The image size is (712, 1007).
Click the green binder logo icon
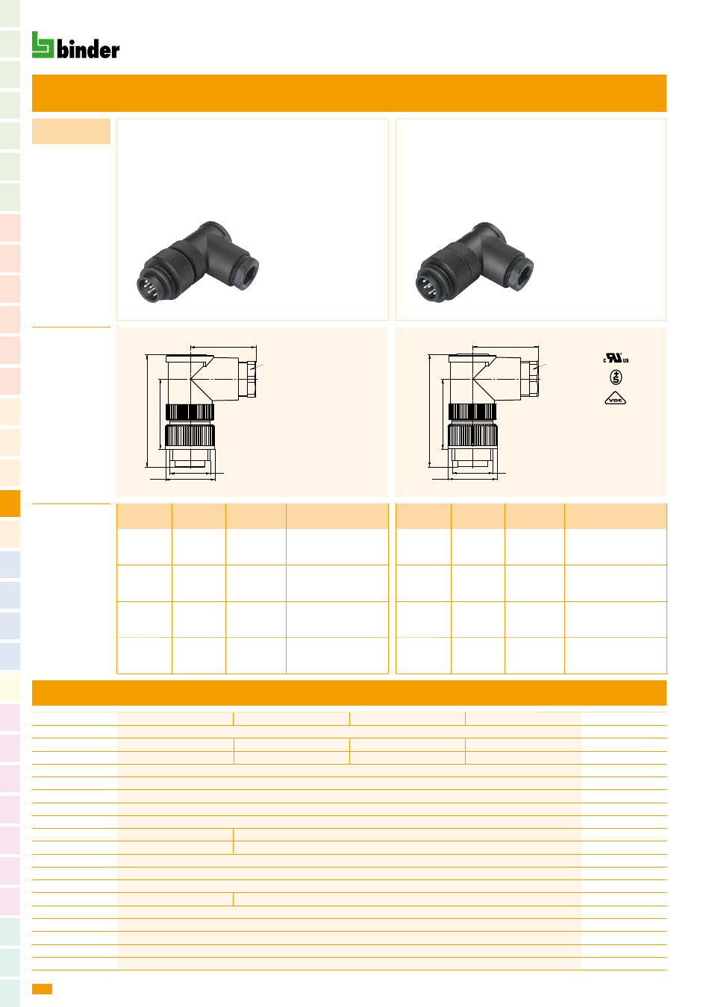(x=43, y=45)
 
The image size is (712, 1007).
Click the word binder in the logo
(x=88, y=49)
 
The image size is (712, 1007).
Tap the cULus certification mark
(x=616, y=358)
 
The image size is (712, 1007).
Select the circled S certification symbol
(x=616, y=377)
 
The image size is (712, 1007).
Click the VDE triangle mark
(x=615, y=399)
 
